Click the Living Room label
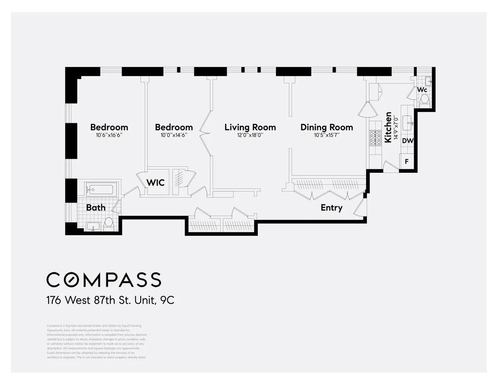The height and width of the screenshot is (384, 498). coord(250,127)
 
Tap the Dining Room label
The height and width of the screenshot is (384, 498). coord(327,127)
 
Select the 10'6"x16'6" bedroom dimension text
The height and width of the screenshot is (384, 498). coord(109,135)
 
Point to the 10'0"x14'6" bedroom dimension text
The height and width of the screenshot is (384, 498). coord(174,135)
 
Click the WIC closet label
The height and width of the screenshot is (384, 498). coord(155,182)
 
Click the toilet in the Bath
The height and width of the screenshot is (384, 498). coord(109,223)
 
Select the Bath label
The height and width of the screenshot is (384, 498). coord(95,208)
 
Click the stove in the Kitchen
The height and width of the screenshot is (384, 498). coord(375,138)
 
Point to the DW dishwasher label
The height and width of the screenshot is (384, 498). coord(408,141)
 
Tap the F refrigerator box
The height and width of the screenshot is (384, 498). coord(407,162)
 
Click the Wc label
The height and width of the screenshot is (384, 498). coord(422,89)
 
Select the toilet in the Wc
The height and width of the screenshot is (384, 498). coord(425,99)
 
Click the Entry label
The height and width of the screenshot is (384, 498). coord(331,208)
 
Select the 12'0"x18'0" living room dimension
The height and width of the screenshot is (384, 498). coord(250,135)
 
